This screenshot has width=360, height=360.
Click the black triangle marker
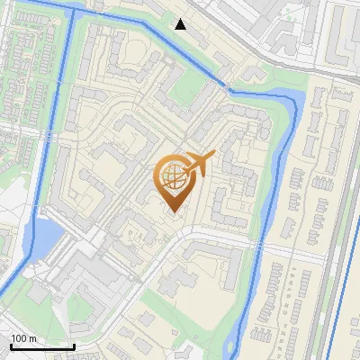(x=181, y=24)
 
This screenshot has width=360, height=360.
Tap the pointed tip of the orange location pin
(x=172, y=211)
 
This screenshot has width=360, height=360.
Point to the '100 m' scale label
(x=23, y=338)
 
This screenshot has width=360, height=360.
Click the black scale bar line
(x=41, y=346)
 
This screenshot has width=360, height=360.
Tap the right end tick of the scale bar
(x=74, y=345)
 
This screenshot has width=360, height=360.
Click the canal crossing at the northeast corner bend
(x=229, y=87)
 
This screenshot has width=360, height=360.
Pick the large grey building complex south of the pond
(x=90, y=279)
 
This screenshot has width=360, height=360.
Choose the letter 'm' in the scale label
(x=31, y=338)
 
